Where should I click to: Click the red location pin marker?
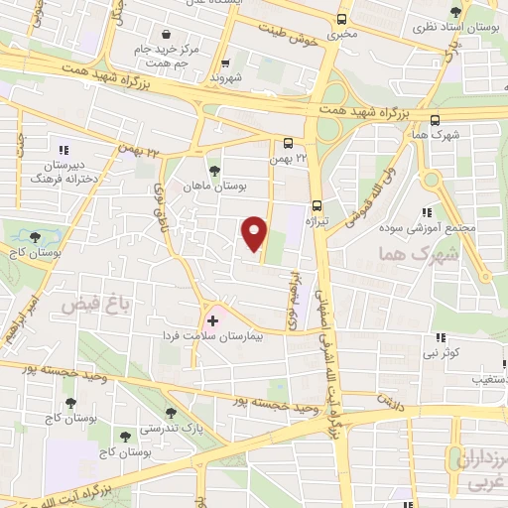255,233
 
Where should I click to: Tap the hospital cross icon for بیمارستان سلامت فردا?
212,321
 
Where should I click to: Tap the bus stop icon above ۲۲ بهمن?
288,142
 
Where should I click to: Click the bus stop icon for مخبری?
342,19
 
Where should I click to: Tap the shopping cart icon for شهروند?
225,62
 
